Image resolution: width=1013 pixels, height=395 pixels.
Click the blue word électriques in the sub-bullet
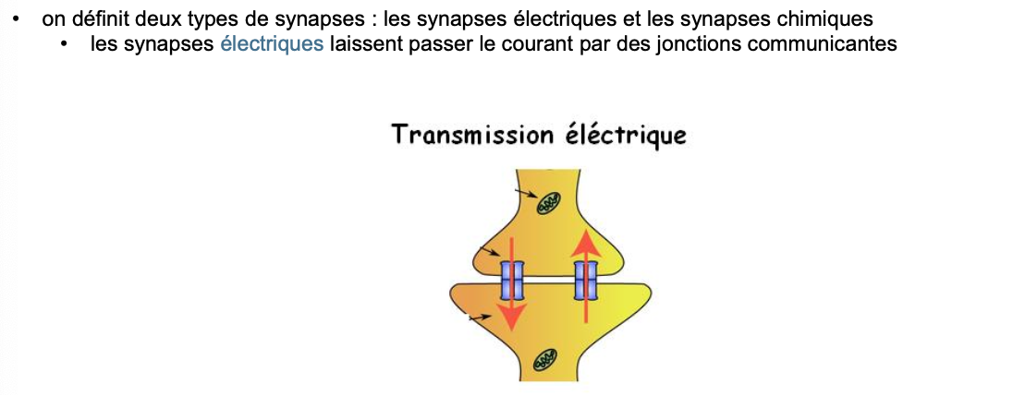272,43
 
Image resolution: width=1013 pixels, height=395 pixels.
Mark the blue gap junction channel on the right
585,280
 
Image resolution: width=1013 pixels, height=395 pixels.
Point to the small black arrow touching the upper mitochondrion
526,193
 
